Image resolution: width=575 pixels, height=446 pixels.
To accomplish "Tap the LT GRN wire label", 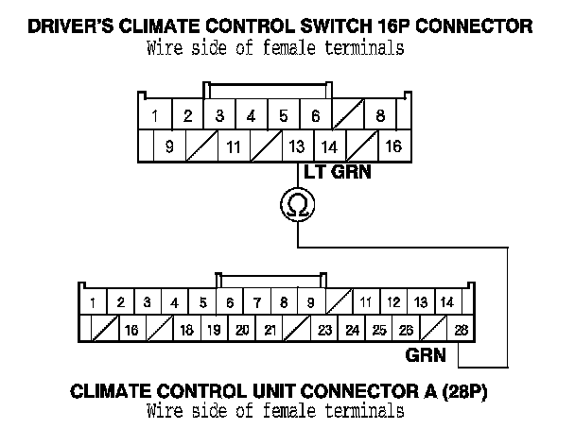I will (x=337, y=172).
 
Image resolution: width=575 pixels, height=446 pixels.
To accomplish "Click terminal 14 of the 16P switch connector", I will (x=328, y=146).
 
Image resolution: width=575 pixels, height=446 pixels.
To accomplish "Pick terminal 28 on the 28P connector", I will (x=460, y=331).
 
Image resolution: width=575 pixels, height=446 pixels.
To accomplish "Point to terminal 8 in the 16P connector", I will (x=380, y=117).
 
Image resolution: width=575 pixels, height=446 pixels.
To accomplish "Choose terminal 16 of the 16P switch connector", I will (x=392, y=146).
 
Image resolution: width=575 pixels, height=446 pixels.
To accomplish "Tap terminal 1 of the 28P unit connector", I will (x=95, y=302).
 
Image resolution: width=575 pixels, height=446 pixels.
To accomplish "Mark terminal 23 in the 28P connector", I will (x=324, y=331).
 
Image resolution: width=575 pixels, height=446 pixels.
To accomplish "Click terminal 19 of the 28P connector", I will (x=214, y=331).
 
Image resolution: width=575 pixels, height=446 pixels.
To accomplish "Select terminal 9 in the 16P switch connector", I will (x=169, y=146).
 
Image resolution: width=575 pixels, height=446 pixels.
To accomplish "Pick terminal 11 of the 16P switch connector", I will (x=234, y=146).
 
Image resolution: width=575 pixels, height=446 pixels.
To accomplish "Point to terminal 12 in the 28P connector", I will (x=393, y=302).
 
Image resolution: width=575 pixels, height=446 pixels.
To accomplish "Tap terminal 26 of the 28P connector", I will (x=407, y=331).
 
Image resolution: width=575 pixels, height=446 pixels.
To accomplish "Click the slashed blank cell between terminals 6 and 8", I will (x=348, y=117).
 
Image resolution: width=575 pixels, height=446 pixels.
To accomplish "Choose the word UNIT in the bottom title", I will (x=297, y=389).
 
